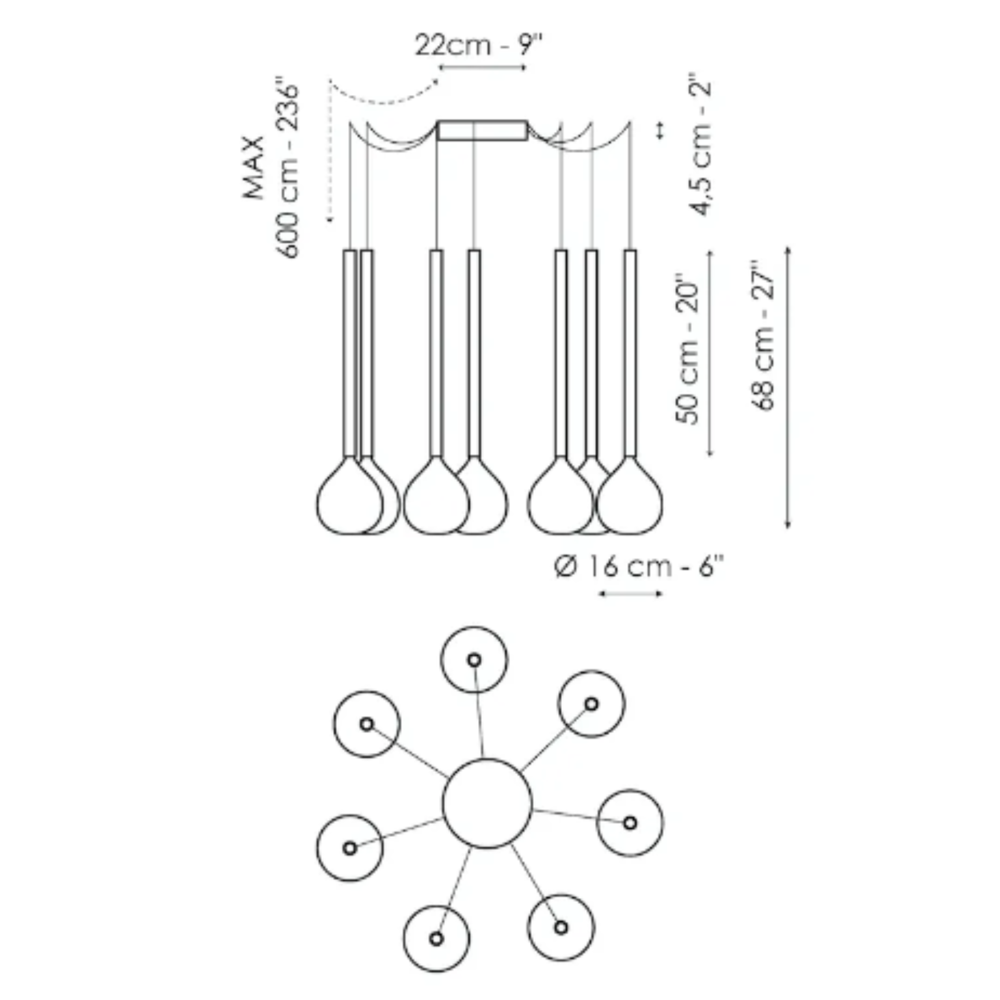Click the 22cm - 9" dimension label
[479, 45]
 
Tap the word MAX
[254, 167]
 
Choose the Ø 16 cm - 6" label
[639, 567]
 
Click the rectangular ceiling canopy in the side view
[482, 131]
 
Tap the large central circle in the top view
[487, 803]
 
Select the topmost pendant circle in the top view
[474, 660]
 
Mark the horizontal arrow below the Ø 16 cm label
[630, 593]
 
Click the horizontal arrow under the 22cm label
[483, 67]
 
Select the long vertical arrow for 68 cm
[787, 387]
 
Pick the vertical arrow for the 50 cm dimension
[710, 353]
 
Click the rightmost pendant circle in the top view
[630, 822]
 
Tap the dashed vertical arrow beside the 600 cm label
[329, 153]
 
